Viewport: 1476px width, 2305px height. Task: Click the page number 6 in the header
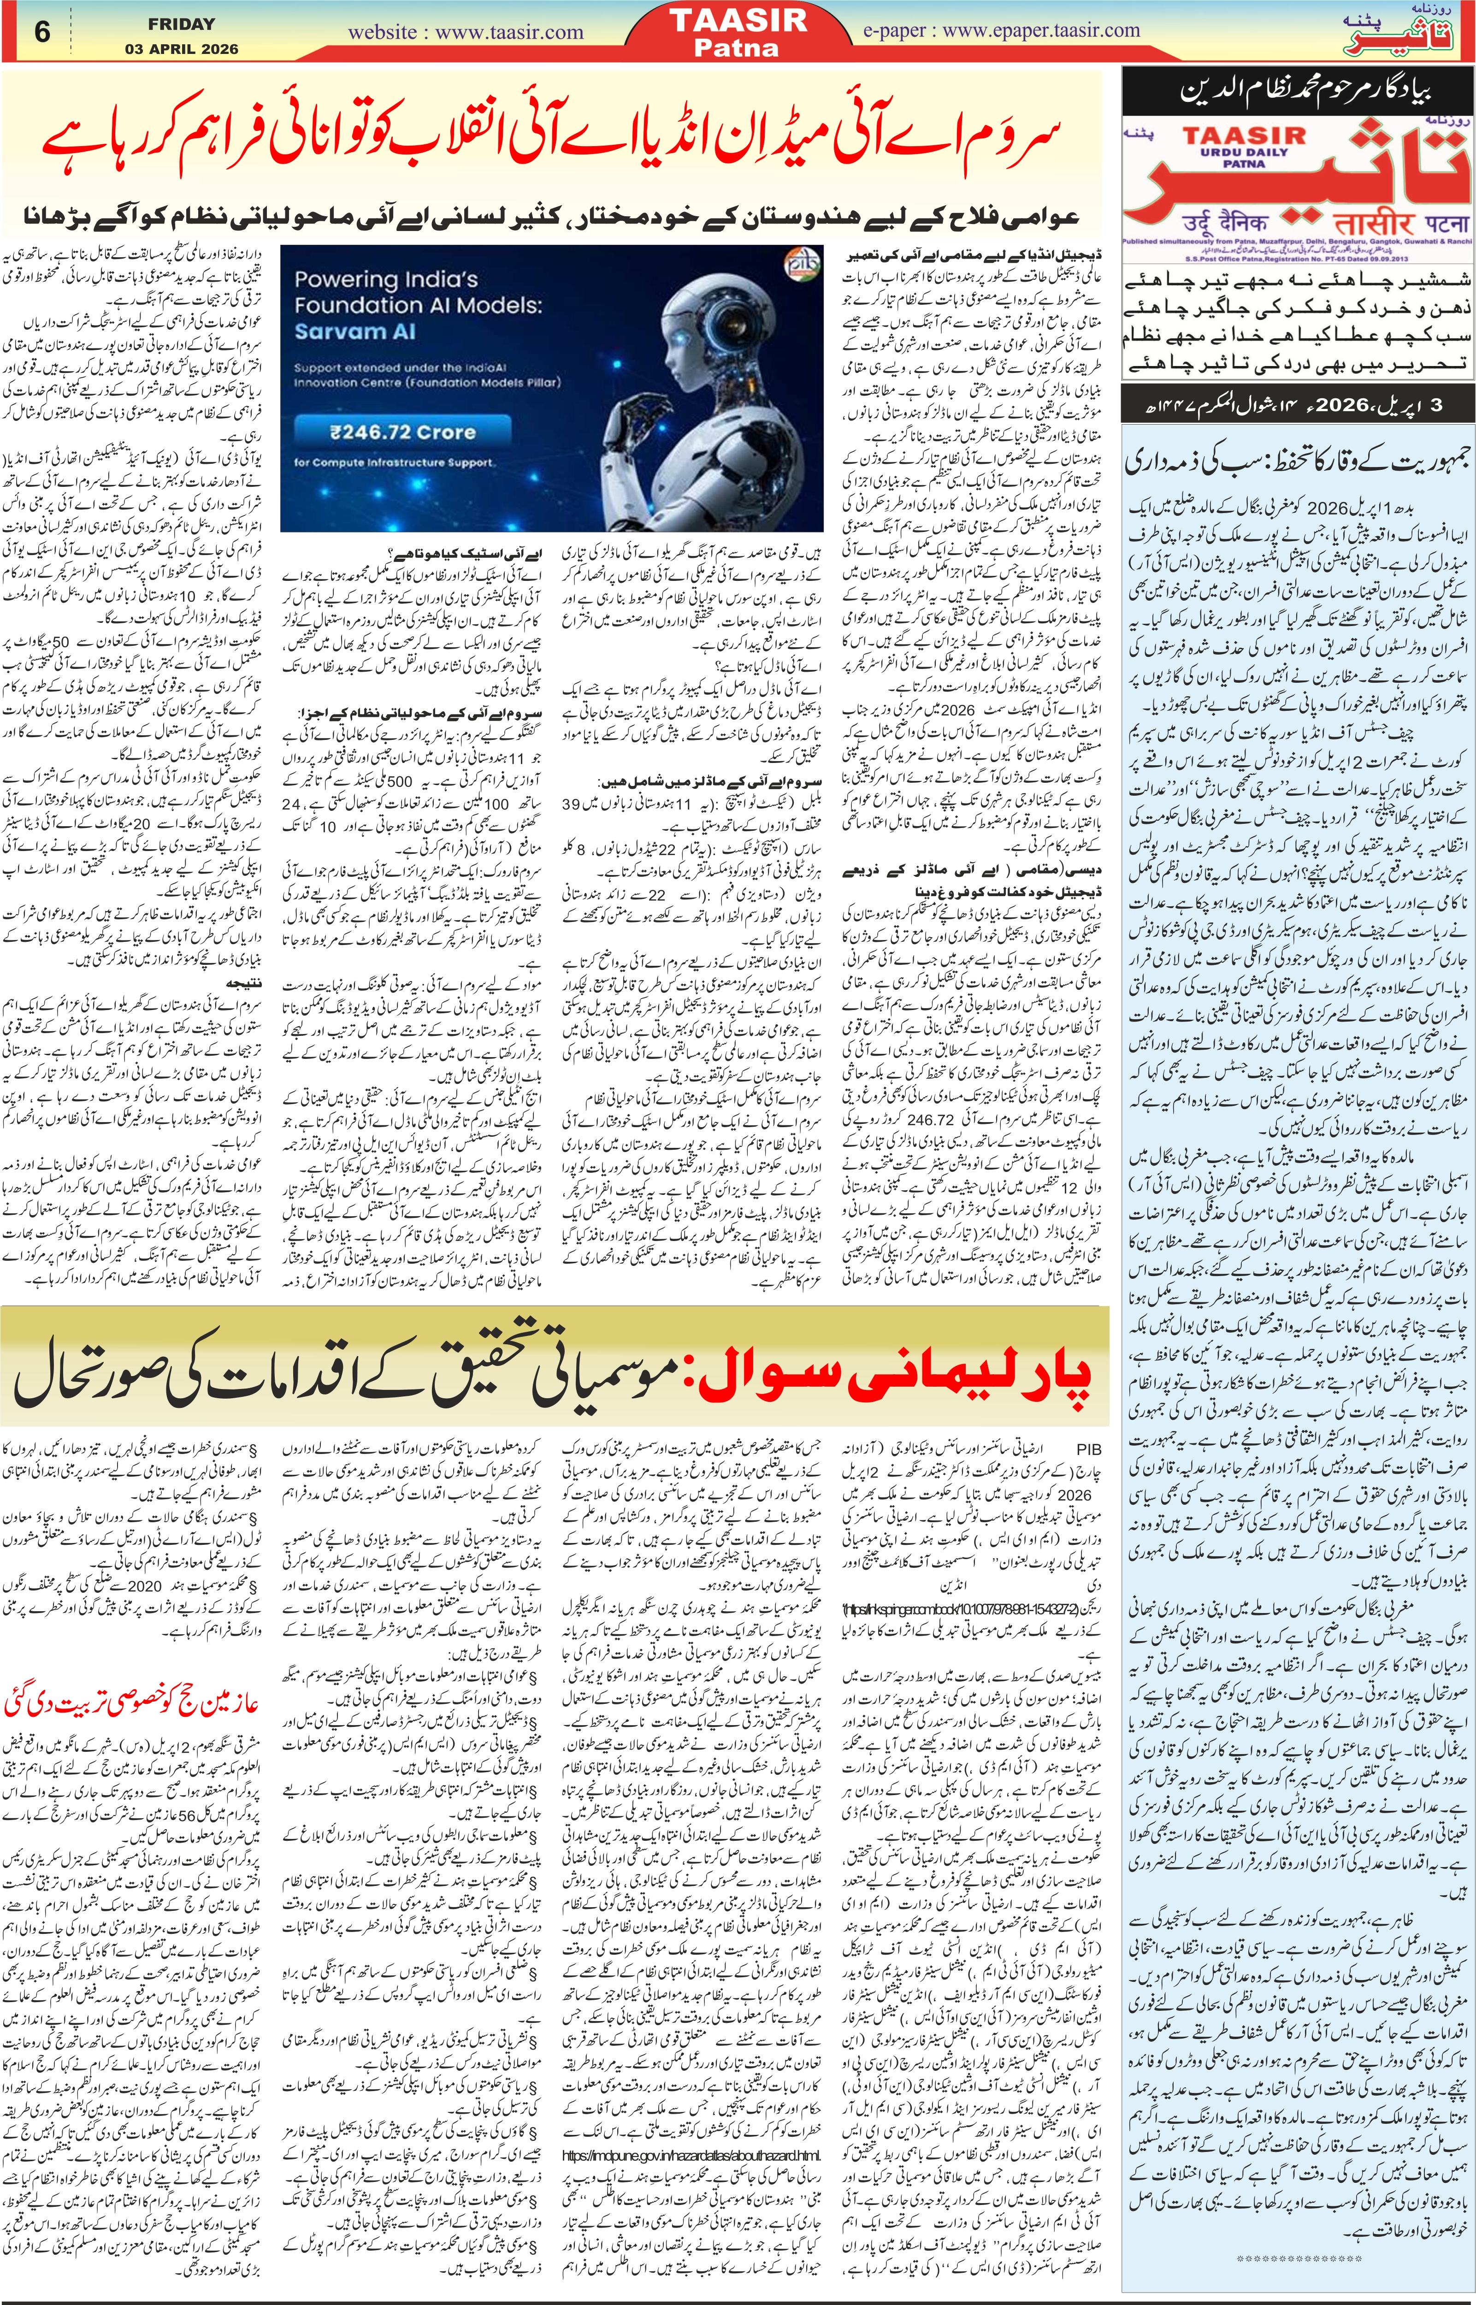[42, 32]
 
